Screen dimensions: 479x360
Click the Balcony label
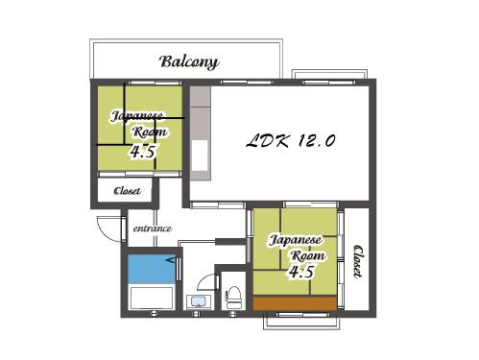[x=189, y=61]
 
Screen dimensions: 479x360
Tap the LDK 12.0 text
[x=291, y=141]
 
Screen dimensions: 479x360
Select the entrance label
[x=153, y=228]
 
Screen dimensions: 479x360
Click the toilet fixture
[x=234, y=298]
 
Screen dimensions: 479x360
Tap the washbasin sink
[x=199, y=302]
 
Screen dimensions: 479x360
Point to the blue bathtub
[x=152, y=269]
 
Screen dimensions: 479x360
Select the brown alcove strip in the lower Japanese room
[x=295, y=302]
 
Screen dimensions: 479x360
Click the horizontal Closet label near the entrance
[x=127, y=191]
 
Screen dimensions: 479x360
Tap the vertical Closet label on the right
[x=358, y=261]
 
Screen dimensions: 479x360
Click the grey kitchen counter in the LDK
[x=201, y=132]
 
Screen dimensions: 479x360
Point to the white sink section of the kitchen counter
[x=200, y=156]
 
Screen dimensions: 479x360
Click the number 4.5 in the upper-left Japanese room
[x=143, y=152]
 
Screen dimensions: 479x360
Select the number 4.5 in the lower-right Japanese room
[x=301, y=272]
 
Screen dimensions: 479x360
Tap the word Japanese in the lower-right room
[x=295, y=240]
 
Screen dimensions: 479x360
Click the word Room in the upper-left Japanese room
[x=150, y=132]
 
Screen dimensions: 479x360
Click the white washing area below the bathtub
[x=152, y=298]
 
